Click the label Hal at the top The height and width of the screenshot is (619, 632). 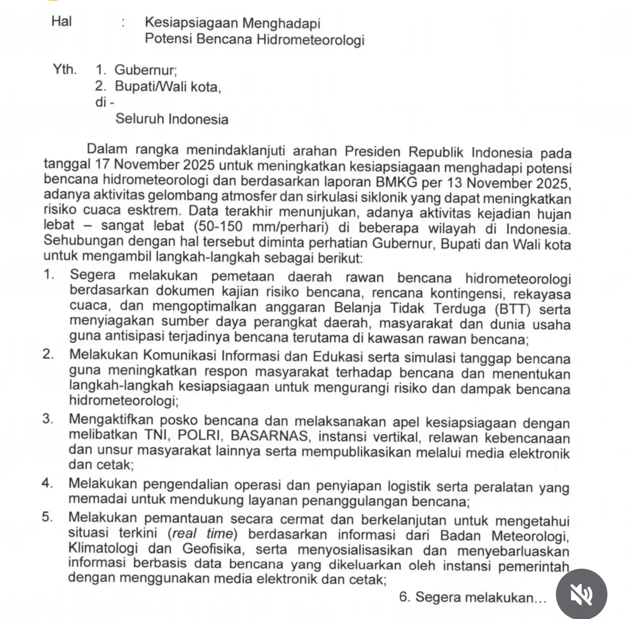pyautogui.click(x=61, y=22)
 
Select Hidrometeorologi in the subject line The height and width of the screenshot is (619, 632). pyautogui.click(x=311, y=40)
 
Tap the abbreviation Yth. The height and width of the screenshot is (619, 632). pyautogui.click(x=64, y=70)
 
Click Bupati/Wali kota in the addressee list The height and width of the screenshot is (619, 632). pyautogui.click(x=168, y=87)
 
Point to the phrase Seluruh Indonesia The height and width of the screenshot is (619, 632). pyautogui.click(x=172, y=119)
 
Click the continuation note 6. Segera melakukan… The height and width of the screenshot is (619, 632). pyautogui.click(x=472, y=598)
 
